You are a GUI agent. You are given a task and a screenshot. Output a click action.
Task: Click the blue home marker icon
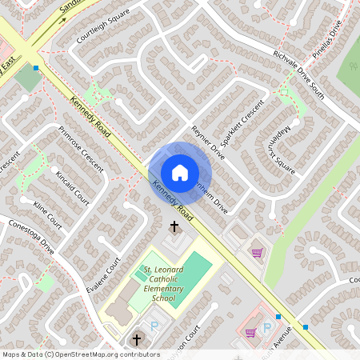tap(180, 173)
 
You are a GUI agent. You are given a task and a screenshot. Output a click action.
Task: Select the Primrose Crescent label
tap(81, 147)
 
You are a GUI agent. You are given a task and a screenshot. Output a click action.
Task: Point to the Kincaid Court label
tap(71, 186)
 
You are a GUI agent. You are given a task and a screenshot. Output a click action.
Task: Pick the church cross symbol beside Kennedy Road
tap(174, 228)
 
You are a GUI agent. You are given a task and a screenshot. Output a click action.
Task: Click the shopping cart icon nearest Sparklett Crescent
tap(257, 254)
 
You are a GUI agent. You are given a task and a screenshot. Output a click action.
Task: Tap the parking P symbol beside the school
tap(154, 326)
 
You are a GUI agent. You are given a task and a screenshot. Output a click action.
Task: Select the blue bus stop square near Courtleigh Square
tap(36, 68)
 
